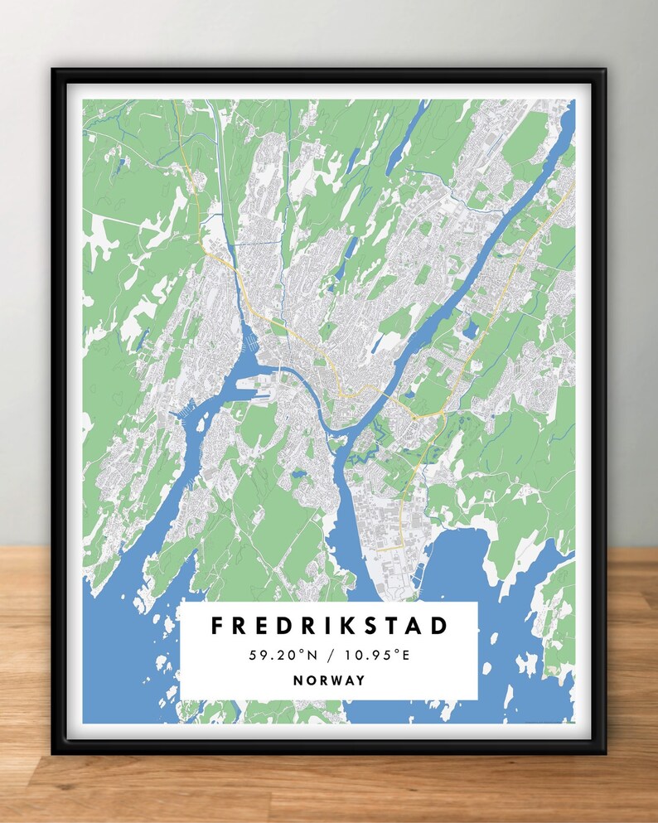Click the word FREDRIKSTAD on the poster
329,626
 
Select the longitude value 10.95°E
378,656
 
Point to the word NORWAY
329,680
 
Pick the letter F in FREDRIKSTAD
218,626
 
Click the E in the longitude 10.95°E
407,656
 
